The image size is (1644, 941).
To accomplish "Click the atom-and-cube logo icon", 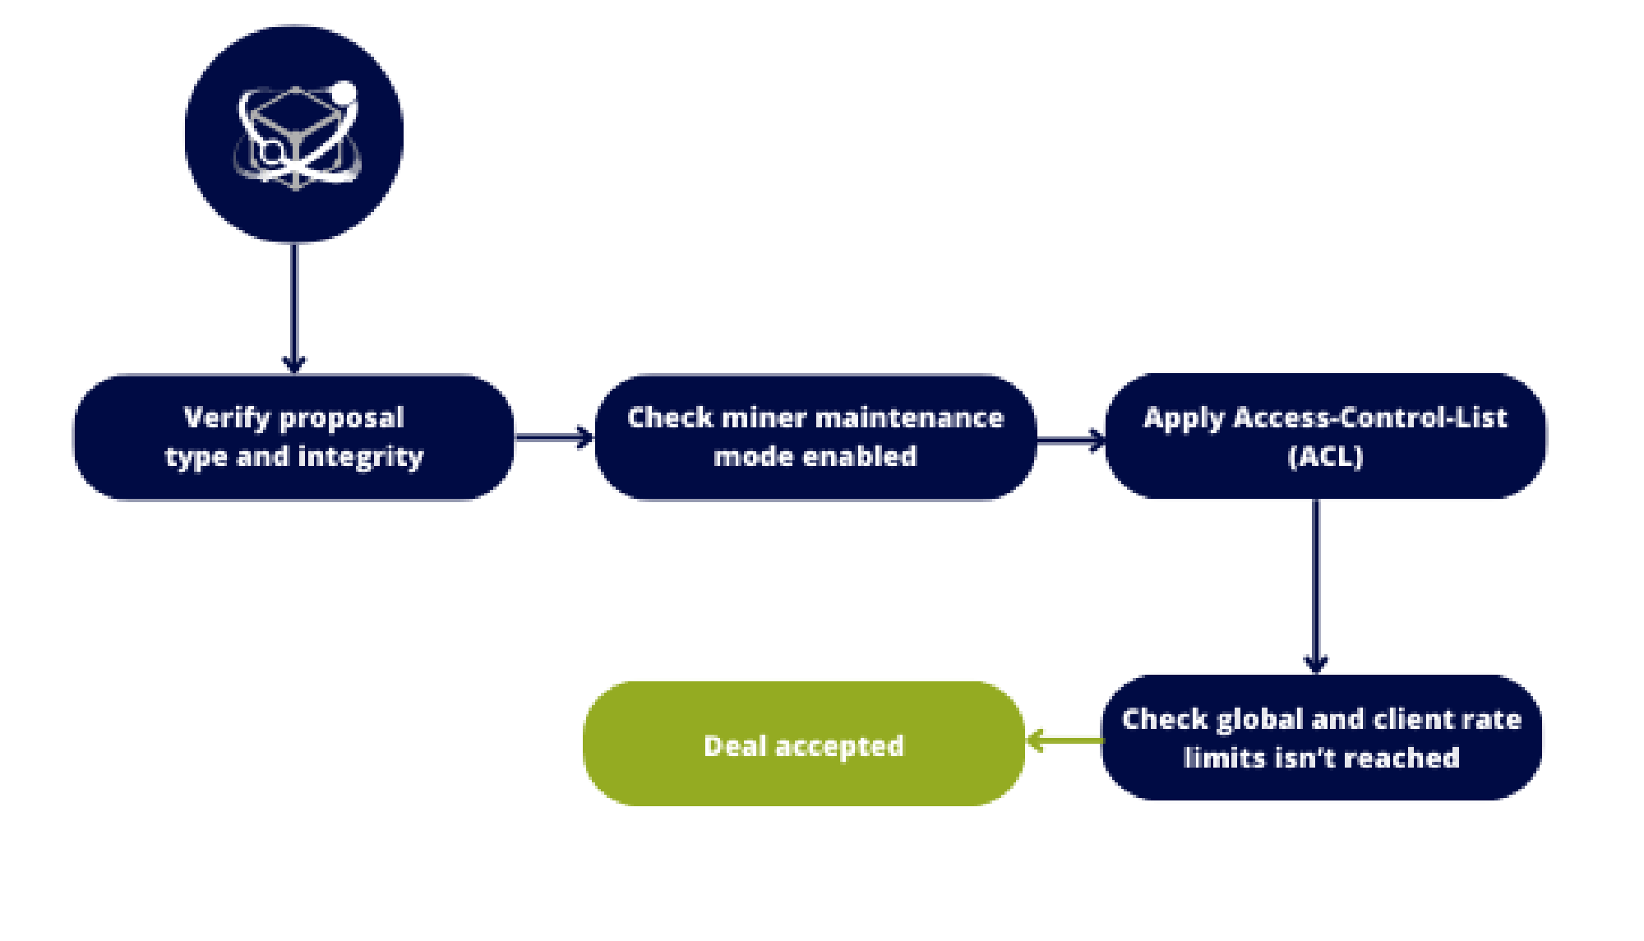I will (x=295, y=134).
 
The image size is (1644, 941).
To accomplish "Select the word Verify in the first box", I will (x=227, y=417).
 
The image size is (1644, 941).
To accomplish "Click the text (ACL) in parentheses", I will (x=1325, y=456).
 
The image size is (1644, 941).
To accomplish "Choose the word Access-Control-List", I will (x=1370, y=417).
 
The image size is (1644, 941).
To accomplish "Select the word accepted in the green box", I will (x=839, y=746).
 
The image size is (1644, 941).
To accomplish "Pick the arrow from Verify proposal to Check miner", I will (x=556, y=437).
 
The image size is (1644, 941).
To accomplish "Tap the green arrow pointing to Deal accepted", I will (x=1064, y=740).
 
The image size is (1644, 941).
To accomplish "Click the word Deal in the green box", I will (x=735, y=746).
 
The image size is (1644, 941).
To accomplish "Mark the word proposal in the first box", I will (x=342, y=418).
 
